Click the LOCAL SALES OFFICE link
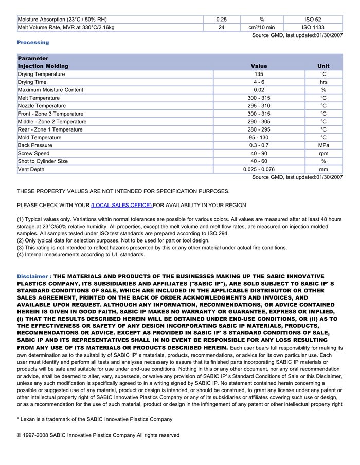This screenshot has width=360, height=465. (x=121, y=206)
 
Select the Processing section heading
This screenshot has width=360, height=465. (x=33, y=42)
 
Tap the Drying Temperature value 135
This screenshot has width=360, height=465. (x=259, y=74)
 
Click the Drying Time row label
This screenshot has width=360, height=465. (x=32, y=82)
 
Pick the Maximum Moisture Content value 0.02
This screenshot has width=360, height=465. (x=259, y=90)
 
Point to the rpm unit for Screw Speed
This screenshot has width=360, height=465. (x=323, y=153)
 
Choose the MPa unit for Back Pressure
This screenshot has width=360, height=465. (x=323, y=145)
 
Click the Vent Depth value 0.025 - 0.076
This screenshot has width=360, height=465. (x=259, y=169)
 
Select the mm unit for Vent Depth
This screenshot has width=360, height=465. (x=323, y=169)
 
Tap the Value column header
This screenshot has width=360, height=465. (x=259, y=66)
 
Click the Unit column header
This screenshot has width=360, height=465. (x=323, y=66)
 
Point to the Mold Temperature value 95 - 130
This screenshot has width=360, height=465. (x=259, y=138)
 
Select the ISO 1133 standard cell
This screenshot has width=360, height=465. (x=313, y=28)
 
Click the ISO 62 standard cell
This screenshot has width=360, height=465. (x=313, y=20)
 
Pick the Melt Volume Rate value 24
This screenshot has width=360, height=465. (x=221, y=28)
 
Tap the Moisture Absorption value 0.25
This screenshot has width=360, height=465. (x=221, y=20)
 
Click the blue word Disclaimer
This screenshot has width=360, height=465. (x=33, y=276)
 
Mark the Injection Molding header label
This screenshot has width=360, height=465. (x=43, y=66)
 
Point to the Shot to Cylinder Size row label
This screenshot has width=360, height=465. (x=43, y=161)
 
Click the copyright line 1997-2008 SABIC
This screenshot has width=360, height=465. (x=98, y=435)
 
